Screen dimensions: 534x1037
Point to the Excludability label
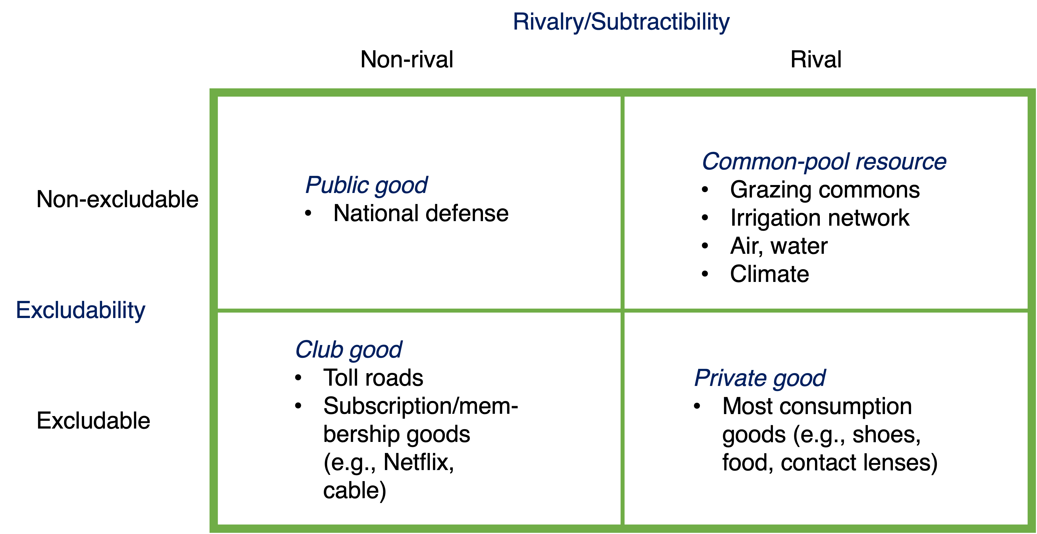pos(80,311)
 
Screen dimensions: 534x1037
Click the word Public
pos(337,185)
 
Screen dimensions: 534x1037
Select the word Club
pos(319,349)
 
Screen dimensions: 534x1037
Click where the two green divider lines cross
pos(622,310)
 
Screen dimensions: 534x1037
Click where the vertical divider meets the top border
pos(622,93)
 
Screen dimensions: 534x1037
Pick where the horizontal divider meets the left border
pos(214,310)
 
